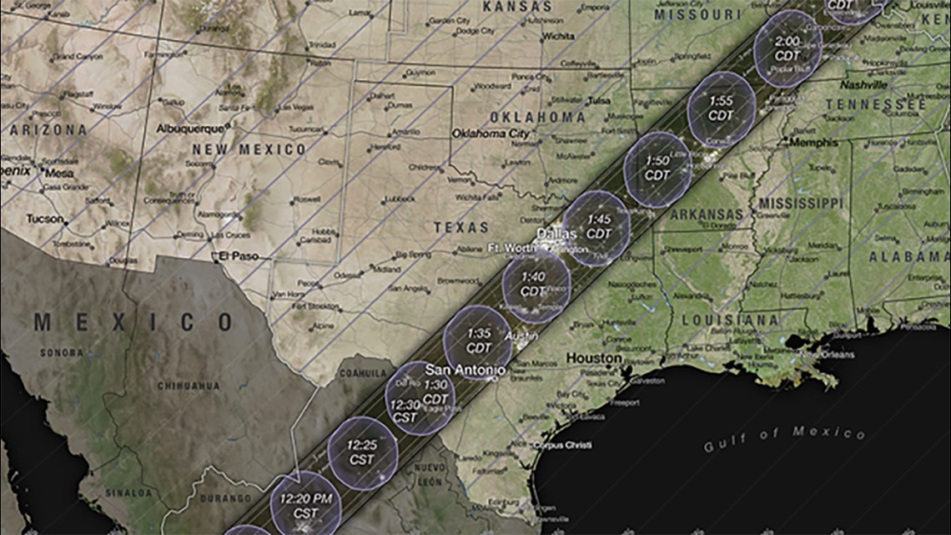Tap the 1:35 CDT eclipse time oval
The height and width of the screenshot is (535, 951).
pyautogui.click(x=478, y=341)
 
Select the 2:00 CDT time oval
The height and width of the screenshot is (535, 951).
pyautogui.click(x=787, y=48)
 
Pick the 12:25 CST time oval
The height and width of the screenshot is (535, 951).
pyautogui.click(x=362, y=452)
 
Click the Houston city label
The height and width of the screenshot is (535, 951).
pyautogui.click(x=594, y=358)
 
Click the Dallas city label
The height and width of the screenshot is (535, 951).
pyautogui.click(x=556, y=233)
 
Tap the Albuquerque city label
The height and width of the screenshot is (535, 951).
pyautogui.click(x=191, y=129)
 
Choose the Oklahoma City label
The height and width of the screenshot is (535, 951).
pyautogui.click(x=491, y=134)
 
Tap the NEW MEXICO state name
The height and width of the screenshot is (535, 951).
pyautogui.click(x=249, y=149)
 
